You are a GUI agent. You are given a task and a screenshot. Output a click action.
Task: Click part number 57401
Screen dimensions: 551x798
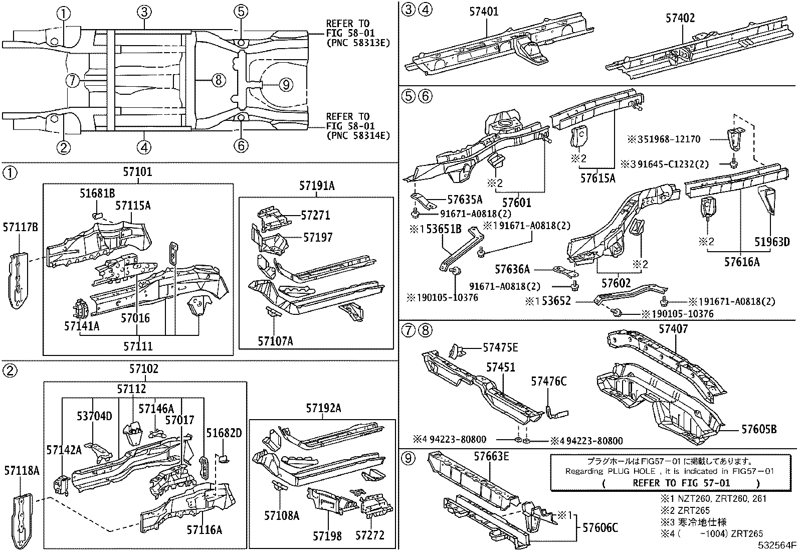484,11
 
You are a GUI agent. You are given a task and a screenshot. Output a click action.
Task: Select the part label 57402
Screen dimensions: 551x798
680,18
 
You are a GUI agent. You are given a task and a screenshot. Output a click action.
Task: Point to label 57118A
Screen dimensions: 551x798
22,470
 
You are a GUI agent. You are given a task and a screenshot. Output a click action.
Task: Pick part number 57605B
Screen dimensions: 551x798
759,429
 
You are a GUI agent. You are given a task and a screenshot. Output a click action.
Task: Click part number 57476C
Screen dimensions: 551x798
548,382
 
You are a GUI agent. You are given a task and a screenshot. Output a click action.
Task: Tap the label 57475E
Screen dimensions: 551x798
500,347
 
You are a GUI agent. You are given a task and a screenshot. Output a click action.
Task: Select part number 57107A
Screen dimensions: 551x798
275,341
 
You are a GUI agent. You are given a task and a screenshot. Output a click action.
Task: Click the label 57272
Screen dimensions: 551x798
370,535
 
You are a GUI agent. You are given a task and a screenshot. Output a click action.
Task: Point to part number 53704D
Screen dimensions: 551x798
94,416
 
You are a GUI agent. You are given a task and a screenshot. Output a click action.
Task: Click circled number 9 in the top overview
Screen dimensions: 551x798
285,85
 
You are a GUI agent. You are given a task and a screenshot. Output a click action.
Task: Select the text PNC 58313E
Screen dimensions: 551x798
357,42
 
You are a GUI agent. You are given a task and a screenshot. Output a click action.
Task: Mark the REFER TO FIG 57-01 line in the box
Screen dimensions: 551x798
681,483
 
